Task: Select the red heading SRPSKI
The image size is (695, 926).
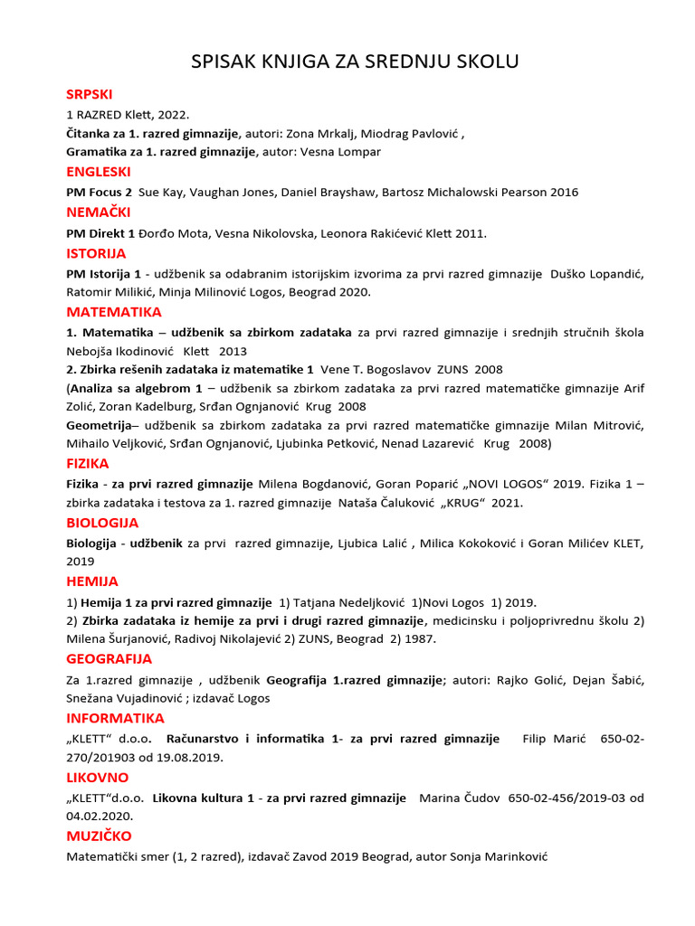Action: pos(90,94)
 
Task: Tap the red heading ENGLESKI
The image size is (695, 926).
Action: pos(99,172)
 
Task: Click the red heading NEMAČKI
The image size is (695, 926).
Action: pos(99,213)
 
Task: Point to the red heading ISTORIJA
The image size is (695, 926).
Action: pos(96,253)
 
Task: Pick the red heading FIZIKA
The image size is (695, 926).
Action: pos(87,464)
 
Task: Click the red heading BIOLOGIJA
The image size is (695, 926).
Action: pos(102,523)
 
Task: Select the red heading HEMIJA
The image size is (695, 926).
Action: pos(92,581)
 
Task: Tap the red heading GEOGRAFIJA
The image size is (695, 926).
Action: pos(109,659)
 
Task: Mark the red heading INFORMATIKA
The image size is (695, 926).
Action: pos(115,718)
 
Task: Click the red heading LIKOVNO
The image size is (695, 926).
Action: pos(97,778)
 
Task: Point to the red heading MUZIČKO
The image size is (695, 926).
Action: pos(99,836)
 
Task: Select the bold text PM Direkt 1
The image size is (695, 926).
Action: pos(100,233)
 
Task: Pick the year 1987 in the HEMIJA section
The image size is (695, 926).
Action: pos(421,639)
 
